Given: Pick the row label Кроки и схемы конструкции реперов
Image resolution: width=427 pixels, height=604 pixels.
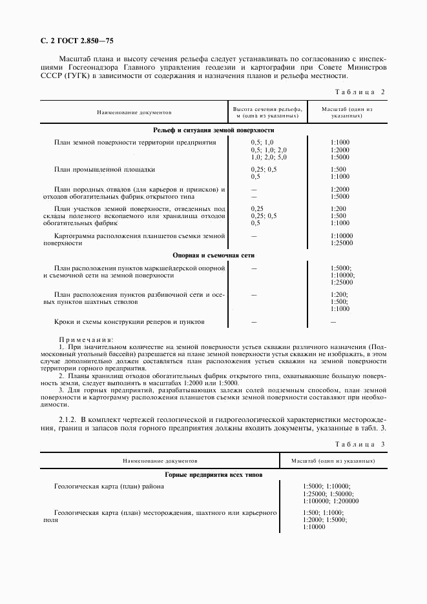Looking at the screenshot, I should point(129,321).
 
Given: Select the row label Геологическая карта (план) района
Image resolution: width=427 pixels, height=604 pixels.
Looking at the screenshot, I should point(109,486).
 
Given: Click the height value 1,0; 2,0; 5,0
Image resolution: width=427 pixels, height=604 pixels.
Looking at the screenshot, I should point(268,157).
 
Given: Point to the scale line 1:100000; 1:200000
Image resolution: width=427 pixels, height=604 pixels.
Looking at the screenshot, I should point(330,501).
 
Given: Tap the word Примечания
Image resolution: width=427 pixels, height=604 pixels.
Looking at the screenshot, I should point(86,339).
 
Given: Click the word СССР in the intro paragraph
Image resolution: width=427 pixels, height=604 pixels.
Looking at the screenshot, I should point(52,75).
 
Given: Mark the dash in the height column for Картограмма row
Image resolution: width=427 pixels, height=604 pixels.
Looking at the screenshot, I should point(254,237).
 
